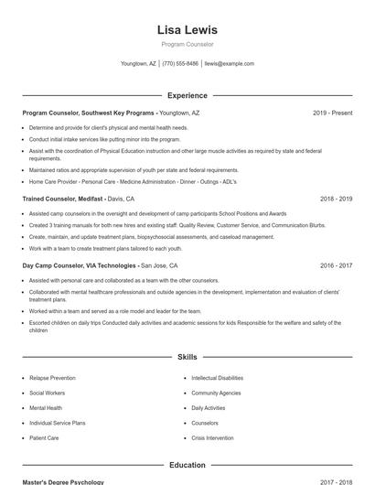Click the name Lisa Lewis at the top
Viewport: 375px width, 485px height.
point(187,29)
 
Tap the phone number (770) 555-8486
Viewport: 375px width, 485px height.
point(181,64)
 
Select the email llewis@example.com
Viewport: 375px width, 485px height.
point(230,64)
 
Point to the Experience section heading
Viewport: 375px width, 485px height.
point(187,95)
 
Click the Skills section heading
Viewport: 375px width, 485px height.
point(187,357)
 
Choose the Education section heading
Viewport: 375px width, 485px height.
point(187,465)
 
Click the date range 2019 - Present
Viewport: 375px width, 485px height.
point(332,113)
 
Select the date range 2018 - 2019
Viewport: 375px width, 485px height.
point(336,199)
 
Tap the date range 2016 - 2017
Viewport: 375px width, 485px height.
point(336,265)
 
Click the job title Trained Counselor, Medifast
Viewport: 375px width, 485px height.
point(62,199)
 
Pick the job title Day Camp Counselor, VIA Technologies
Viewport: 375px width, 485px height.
point(79,265)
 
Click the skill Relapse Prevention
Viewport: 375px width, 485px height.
point(52,378)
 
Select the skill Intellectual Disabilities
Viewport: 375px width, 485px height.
point(217,378)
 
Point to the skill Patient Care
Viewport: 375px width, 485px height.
point(44,438)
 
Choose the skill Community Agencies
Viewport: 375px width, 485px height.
point(215,393)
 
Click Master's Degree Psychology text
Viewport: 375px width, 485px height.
point(63,481)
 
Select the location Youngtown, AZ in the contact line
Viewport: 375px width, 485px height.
point(138,64)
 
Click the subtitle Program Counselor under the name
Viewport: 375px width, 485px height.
point(187,44)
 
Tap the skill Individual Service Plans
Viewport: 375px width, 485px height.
point(57,423)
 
